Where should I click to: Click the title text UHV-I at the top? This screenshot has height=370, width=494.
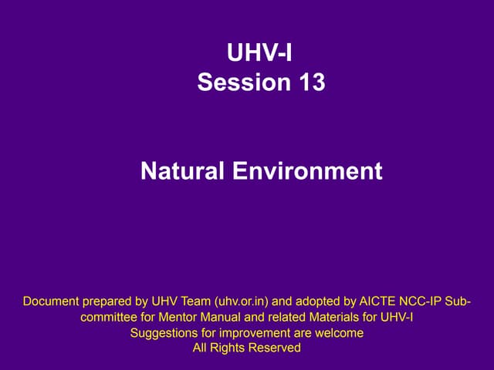tap(261, 53)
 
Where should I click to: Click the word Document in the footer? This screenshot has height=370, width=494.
tap(52, 300)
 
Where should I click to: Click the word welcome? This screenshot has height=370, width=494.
tap(339, 333)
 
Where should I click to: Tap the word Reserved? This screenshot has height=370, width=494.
tap(274, 348)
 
